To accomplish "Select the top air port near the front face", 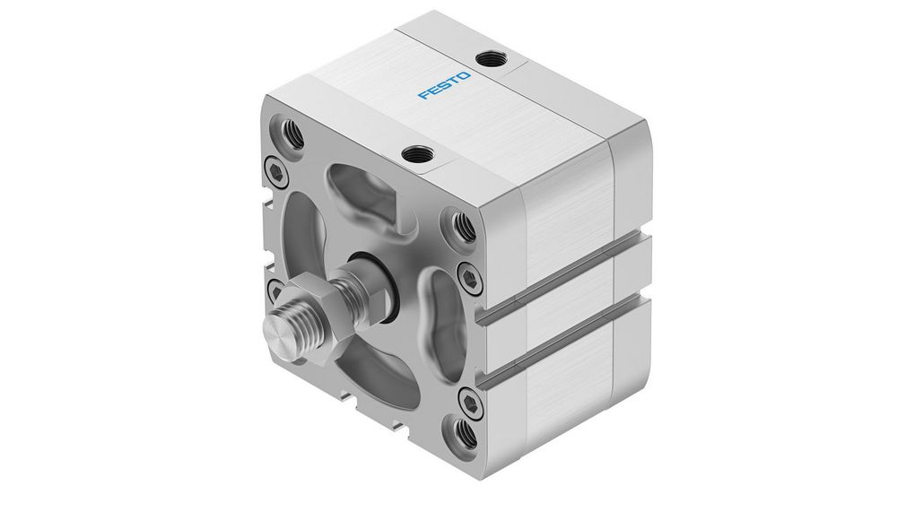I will (x=414, y=155).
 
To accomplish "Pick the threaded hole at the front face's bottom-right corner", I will (x=466, y=437).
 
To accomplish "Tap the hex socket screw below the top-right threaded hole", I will (x=468, y=274).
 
